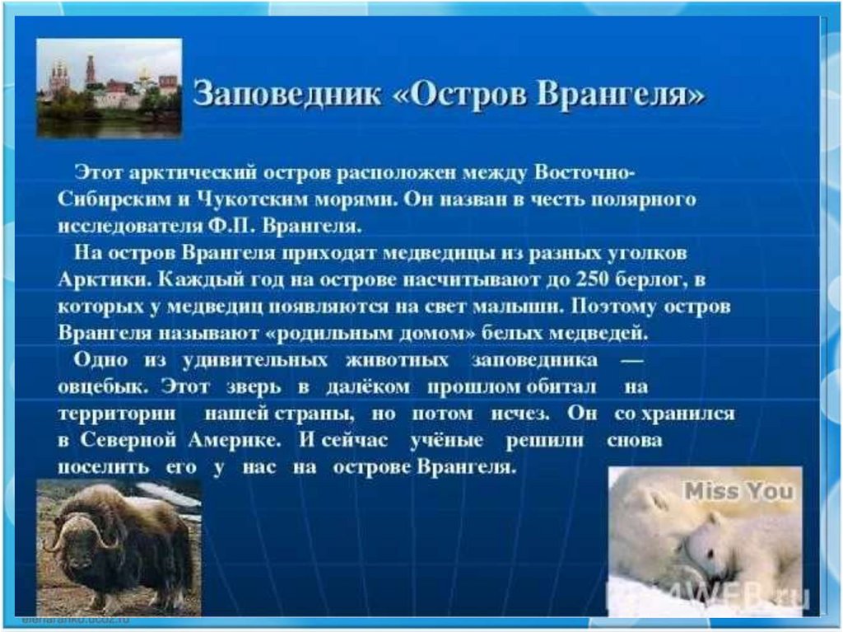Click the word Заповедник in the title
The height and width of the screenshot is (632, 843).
coord(287,94)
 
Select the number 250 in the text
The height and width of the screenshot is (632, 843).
coord(592,279)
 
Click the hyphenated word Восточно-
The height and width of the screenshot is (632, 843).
coord(585,172)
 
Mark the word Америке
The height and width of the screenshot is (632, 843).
coord(235,440)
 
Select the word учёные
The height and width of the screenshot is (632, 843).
coord(447,440)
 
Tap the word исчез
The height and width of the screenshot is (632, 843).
coord(520,414)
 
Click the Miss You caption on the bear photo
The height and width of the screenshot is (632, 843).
coord(738,491)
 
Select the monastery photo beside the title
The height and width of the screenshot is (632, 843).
coord(109,87)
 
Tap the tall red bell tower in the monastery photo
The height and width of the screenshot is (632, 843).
coord(91,71)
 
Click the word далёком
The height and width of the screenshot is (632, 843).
coord(367,386)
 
